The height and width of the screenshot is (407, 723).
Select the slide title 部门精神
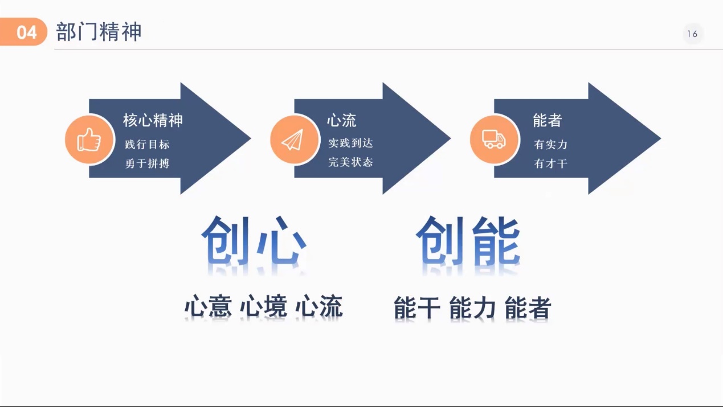pos(99,32)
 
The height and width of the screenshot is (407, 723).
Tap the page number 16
pos(692,34)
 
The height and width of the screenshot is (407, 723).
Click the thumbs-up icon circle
pos(88,139)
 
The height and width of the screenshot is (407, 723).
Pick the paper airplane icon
pos(293,139)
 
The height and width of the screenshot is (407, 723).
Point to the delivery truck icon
pos(493,139)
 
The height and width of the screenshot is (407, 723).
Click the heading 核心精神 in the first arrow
pos(153,120)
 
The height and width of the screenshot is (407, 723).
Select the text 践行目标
pos(147,145)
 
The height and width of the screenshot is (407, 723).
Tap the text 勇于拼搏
pos(147,163)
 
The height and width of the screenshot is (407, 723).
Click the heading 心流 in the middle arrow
pos(341,120)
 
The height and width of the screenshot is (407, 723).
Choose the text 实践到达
pos(350,143)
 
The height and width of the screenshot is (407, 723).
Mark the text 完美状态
pos(350,162)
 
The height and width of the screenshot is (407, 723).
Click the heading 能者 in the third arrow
pos(547,120)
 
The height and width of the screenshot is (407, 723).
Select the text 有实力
pos(550,145)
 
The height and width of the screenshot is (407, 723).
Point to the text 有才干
pos(550,164)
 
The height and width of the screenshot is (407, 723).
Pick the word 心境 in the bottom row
pos(263,306)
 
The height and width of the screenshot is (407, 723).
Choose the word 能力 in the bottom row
pos(472,308)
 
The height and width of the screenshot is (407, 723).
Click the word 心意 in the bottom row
pos(208,306)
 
